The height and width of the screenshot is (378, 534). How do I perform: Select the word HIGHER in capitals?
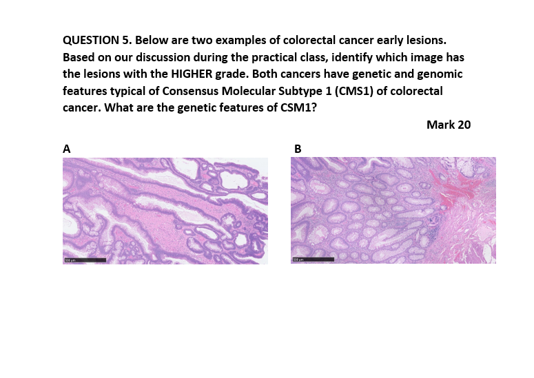pos(195,74)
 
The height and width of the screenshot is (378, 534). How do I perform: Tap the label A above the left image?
pos(67,148)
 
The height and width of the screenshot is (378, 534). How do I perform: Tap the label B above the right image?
pos(298,148)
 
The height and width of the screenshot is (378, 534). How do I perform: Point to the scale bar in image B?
pos(313,260)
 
